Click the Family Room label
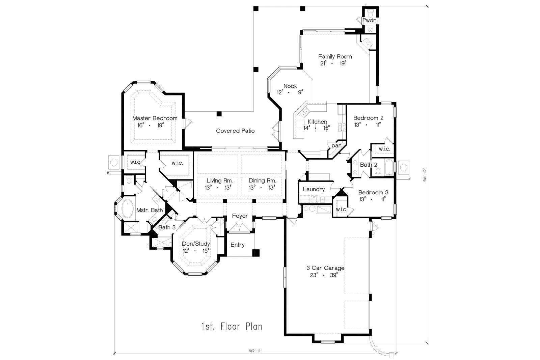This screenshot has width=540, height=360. (335, 57)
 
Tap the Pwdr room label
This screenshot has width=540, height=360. (369, 21)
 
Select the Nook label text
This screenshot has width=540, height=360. (290, 86)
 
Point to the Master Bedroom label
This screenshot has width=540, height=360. (155, 118)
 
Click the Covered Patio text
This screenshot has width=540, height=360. (235, 131)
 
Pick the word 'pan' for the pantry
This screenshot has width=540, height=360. (336, 146)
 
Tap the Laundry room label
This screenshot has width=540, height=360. (314, 189)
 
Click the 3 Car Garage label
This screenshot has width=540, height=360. (325, 268)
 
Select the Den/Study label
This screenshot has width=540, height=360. (196, 244)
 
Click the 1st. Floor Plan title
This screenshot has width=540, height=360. (232, 327)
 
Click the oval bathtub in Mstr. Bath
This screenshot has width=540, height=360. (128, 209)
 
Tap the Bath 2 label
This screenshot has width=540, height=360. (369, 165)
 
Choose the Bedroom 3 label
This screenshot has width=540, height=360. (373, 192)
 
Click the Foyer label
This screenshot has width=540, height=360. (240, 216)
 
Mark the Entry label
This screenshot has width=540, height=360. (238, 245)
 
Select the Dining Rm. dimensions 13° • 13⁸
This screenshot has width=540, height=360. (262, 188)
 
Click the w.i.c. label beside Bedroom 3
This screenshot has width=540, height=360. (341, 210)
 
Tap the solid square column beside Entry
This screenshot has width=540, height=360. (256, 253)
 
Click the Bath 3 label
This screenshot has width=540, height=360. (167, 227)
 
